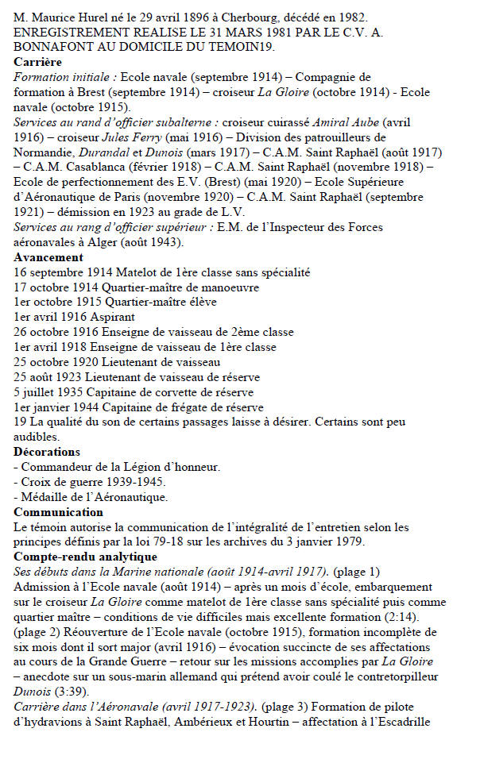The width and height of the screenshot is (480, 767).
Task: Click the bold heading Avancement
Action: point(48,257)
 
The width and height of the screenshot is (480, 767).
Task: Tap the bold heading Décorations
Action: point(46,451)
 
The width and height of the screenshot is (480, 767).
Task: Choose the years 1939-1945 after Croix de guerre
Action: point(137,481)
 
